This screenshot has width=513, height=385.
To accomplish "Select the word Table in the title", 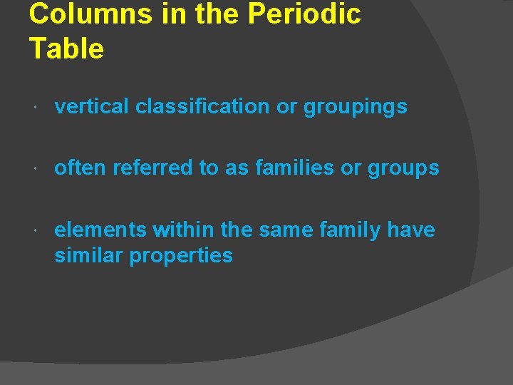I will tap(66, 48).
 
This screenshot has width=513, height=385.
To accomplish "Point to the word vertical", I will tap(92, 107).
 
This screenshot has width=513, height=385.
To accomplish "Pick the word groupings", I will tap(356, 108).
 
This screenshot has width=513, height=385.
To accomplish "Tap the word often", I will tap(80, 168).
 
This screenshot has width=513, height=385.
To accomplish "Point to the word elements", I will tap(100, 230).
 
